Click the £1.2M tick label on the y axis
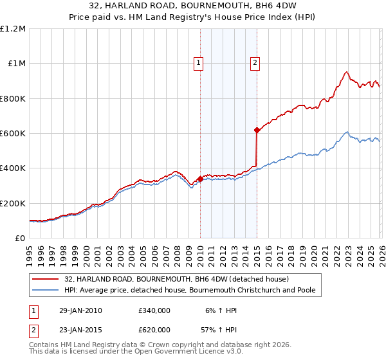(x=13, y=29)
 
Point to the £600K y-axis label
(x=13, y=134)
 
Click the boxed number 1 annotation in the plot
(x=198, y=63)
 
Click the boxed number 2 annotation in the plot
(x=255, y=63)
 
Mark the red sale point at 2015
(x=257, y=130)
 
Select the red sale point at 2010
(x=200, y=179)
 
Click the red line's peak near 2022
(x=346, y=72)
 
